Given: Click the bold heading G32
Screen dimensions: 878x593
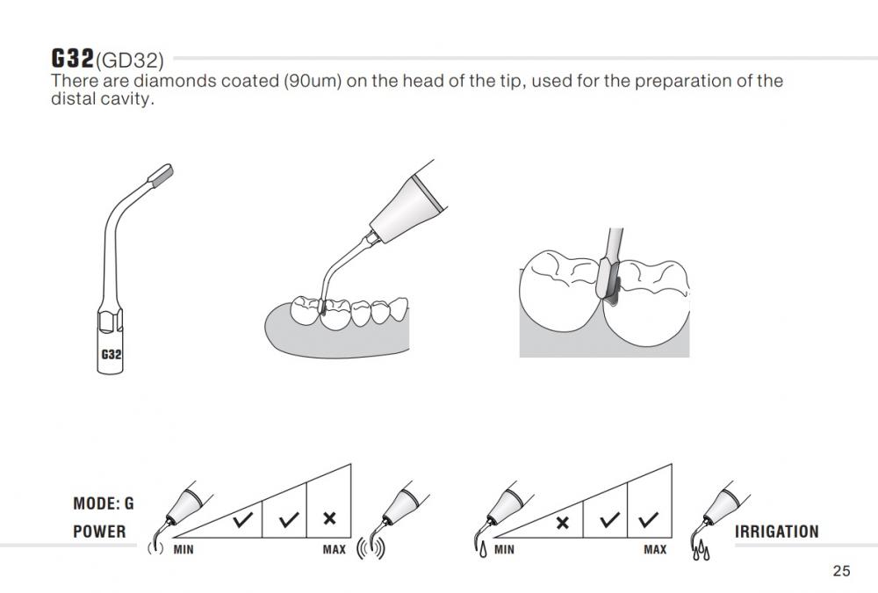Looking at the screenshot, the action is (72, 58).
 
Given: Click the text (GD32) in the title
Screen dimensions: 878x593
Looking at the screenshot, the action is (129, 60).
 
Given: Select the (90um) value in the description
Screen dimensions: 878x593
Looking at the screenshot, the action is (313, 82).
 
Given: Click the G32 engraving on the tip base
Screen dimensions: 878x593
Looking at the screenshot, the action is (111, 355).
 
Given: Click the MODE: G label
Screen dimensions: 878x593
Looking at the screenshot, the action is (104, 503).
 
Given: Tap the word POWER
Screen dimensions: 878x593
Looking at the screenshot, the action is (100, 532).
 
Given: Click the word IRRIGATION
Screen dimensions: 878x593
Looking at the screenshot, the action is (777, 532).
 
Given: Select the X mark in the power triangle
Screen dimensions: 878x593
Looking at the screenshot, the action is (330, 518).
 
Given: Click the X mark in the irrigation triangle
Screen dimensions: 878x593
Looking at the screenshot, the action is (563, 523).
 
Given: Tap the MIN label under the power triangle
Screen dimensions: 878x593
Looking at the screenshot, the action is (184, 550).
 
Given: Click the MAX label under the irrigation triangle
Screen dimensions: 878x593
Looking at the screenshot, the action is (655, 550).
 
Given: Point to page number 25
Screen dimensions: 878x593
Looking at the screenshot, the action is (842, 571).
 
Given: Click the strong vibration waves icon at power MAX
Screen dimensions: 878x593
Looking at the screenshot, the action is (371, 549).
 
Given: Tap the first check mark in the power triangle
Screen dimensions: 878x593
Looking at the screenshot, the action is (243, 519).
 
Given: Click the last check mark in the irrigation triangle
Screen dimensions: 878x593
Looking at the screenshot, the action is (649, 519).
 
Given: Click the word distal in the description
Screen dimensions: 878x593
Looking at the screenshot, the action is (71, 99).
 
